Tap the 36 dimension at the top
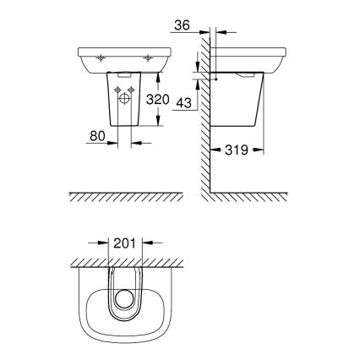(x=180, y=25)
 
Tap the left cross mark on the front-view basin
(x=101, y=58)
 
